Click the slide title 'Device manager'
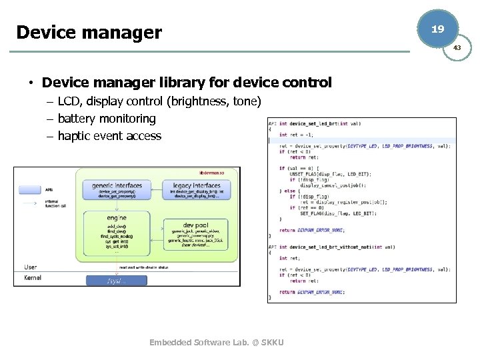89,32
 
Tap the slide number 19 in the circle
437,29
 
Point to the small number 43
457,48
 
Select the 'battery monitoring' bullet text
107,119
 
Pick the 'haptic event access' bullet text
109,136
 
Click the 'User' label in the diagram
31,267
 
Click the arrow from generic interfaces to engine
117,205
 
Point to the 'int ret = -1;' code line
297,135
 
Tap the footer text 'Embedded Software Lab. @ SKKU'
217,343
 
